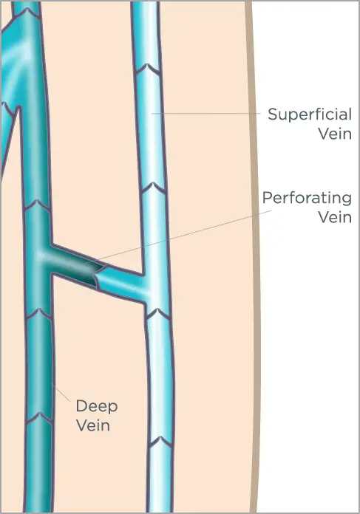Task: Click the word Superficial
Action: point(310,114)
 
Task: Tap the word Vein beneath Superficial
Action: point(335,134)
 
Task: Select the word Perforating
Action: point(307,199)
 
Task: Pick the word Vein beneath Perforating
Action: point(335,217)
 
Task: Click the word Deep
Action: point(97,407)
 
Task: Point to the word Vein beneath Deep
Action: point(93,425)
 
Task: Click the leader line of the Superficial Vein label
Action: point(206,114)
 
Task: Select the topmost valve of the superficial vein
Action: point(147,68)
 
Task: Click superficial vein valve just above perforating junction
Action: point(154,188)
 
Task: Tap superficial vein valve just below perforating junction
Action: point(157,313)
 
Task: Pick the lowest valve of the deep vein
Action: point(39,418)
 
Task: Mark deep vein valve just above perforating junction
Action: point(38,205)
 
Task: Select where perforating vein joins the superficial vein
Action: point(145,289)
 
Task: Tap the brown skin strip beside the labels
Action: point(254,256)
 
